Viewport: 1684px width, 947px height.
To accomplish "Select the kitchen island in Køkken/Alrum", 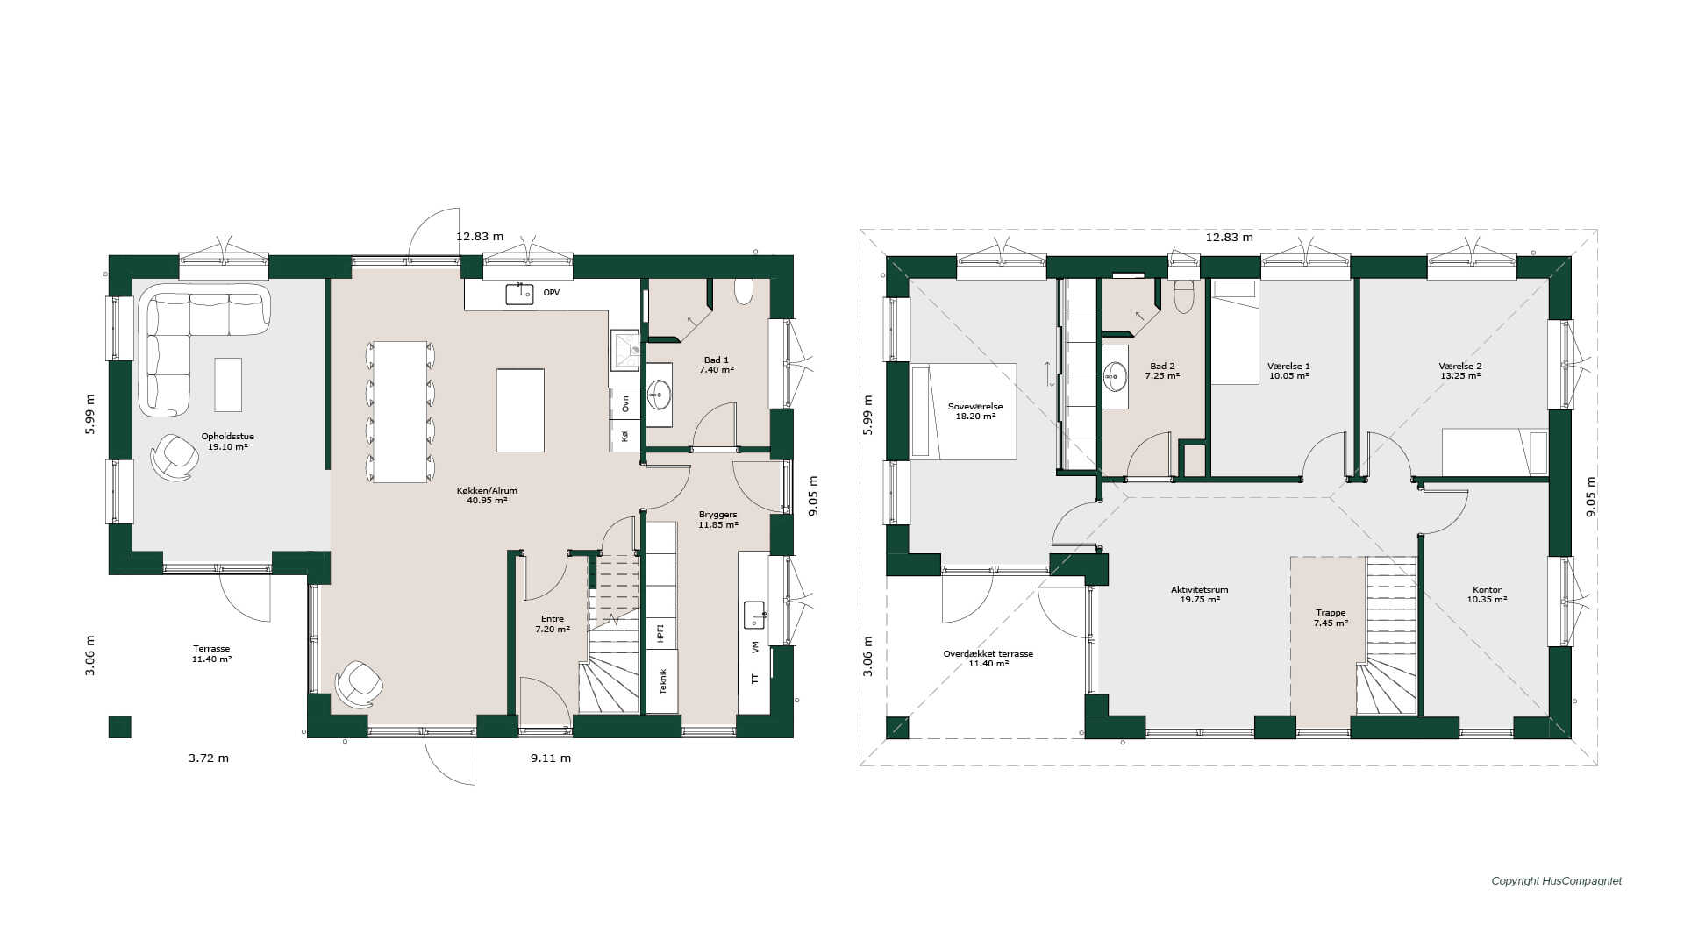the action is pos(520,410).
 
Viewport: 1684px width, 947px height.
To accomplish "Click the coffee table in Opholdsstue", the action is pos(228,384).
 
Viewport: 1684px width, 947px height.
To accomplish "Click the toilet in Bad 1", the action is pos(744,291).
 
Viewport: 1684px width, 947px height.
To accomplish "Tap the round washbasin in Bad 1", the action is pos(659,395).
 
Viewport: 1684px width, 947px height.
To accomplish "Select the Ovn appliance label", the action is pos(625,403).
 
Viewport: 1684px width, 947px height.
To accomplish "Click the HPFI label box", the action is pos(661,632).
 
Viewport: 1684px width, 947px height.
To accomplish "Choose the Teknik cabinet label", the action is pos(662,681).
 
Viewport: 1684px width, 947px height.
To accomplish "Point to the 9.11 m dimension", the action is pos(551,758).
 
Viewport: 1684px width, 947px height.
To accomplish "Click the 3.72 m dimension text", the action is pos(209,758).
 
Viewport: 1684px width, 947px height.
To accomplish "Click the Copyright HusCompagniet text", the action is pos(1557,881).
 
